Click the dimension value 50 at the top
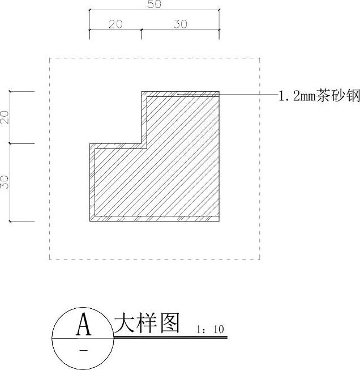point(155,5)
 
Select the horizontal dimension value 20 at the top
point(115,24)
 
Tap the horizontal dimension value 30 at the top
point(180,24)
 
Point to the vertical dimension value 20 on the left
point(5,117)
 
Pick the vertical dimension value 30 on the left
point(5,182)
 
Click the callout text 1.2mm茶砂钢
point(319,96)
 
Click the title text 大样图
point(147,324)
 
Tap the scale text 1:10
point(210,329)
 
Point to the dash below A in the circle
point(84,351)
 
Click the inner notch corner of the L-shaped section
point(142,143)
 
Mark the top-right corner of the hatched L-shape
point(219,91)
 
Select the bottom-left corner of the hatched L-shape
point(90,221)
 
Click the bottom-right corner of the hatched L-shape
point(219,221)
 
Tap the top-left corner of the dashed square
point(50,58)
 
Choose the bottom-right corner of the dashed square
point(260,260)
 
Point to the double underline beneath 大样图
point(170,338)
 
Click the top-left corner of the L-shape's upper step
point(142,91)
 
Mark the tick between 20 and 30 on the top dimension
point(142,29)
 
